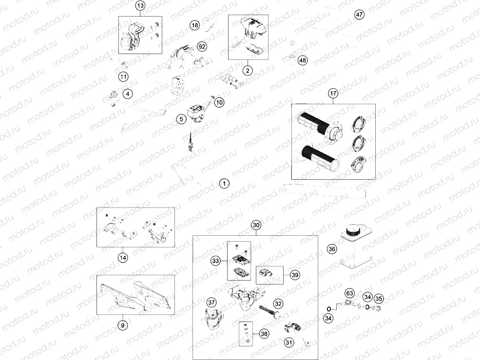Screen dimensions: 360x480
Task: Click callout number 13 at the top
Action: pos(140,6)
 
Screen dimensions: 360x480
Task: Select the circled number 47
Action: pos(359,15)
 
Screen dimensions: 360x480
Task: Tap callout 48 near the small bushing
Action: pos(303,60)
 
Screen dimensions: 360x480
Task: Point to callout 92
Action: pos(202,46)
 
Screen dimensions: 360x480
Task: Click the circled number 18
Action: pos(195,25)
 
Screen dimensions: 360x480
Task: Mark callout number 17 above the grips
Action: pos(333,94)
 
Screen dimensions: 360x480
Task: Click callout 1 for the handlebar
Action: pos(224,184)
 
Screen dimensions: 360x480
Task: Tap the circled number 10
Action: pos(219,102)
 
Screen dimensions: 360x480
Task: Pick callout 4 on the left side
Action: pos(128,94)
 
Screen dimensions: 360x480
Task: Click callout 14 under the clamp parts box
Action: pos(123,258)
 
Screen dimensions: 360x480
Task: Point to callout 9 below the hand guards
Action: pos(123,324)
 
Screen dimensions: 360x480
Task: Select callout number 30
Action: pos(256,225)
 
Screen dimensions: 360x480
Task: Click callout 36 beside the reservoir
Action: pos(331,249)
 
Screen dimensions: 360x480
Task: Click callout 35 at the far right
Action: pos(379,299)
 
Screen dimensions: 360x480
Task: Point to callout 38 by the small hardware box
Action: pos(264,334)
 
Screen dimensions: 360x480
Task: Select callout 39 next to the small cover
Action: pos(294,275)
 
